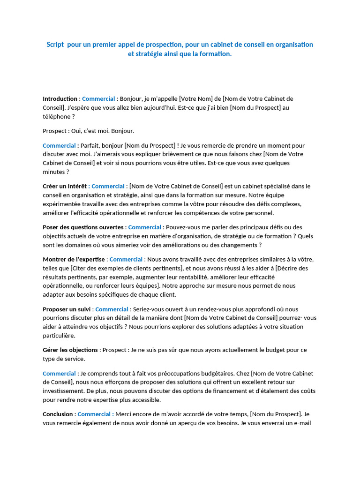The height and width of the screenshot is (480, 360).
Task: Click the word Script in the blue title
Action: tap(55, 45)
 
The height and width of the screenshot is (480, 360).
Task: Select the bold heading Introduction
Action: tap(60, 99)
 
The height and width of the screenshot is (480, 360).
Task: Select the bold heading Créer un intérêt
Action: tap(65, 186)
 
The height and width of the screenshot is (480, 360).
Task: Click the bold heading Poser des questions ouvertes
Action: tap(83, 227)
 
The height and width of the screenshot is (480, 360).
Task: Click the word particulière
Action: tap(59, 336)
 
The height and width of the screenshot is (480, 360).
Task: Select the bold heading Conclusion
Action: tap(58, 414)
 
